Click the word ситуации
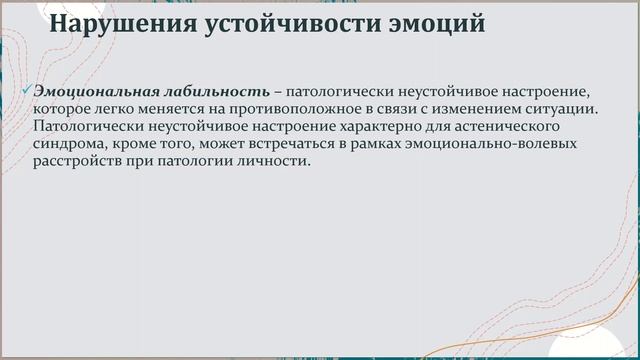pyautogui.click(x=563, y=110)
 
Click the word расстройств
pyautogui.click(x=80, y=162)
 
